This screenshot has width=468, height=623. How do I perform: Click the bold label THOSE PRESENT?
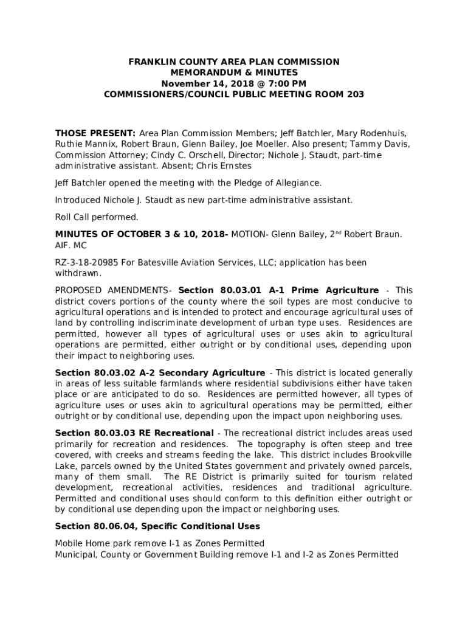coord(95,133)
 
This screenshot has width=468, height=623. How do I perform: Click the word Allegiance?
coord(293,183)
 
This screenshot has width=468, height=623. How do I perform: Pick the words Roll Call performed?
coord(97,217)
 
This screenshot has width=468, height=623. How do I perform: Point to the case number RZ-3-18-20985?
coord(90,263)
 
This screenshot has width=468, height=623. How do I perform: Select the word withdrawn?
coord(77,274)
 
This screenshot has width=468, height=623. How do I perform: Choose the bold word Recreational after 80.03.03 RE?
coord(185,433)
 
